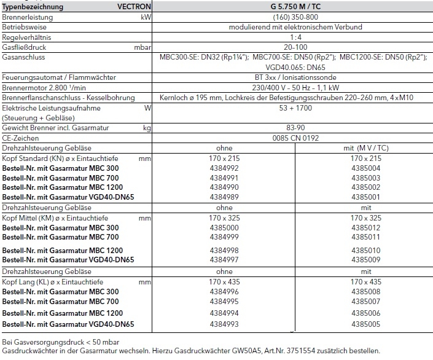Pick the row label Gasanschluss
pos(23,57)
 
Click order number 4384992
pos(220,167)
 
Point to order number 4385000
pos(220,227)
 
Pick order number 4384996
pos(220,291)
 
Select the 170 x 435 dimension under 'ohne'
pos(220,281)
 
